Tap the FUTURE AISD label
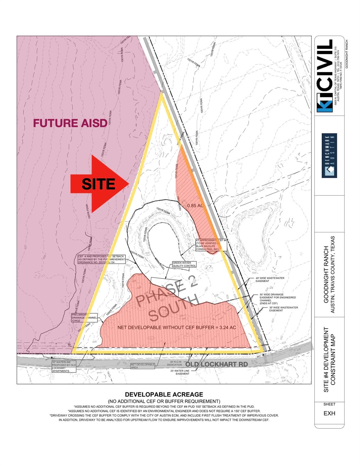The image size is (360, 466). tap(70, 123)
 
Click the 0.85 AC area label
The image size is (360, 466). tap(195, 205)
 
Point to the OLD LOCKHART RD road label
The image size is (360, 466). tap(216, 364)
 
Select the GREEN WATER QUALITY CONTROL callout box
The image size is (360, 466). tap(184, 264)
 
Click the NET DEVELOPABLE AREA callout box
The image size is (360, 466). tap(142, 366)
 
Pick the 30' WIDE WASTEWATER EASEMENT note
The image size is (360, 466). tap(283, 309)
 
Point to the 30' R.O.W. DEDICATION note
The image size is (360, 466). tap(176, 363)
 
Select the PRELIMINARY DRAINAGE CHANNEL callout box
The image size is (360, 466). tap(84, 318)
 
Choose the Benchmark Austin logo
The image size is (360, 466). tap(329, 155)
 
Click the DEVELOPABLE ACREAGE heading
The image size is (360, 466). tap(164, 394)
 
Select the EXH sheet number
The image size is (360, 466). tap(329, 413)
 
